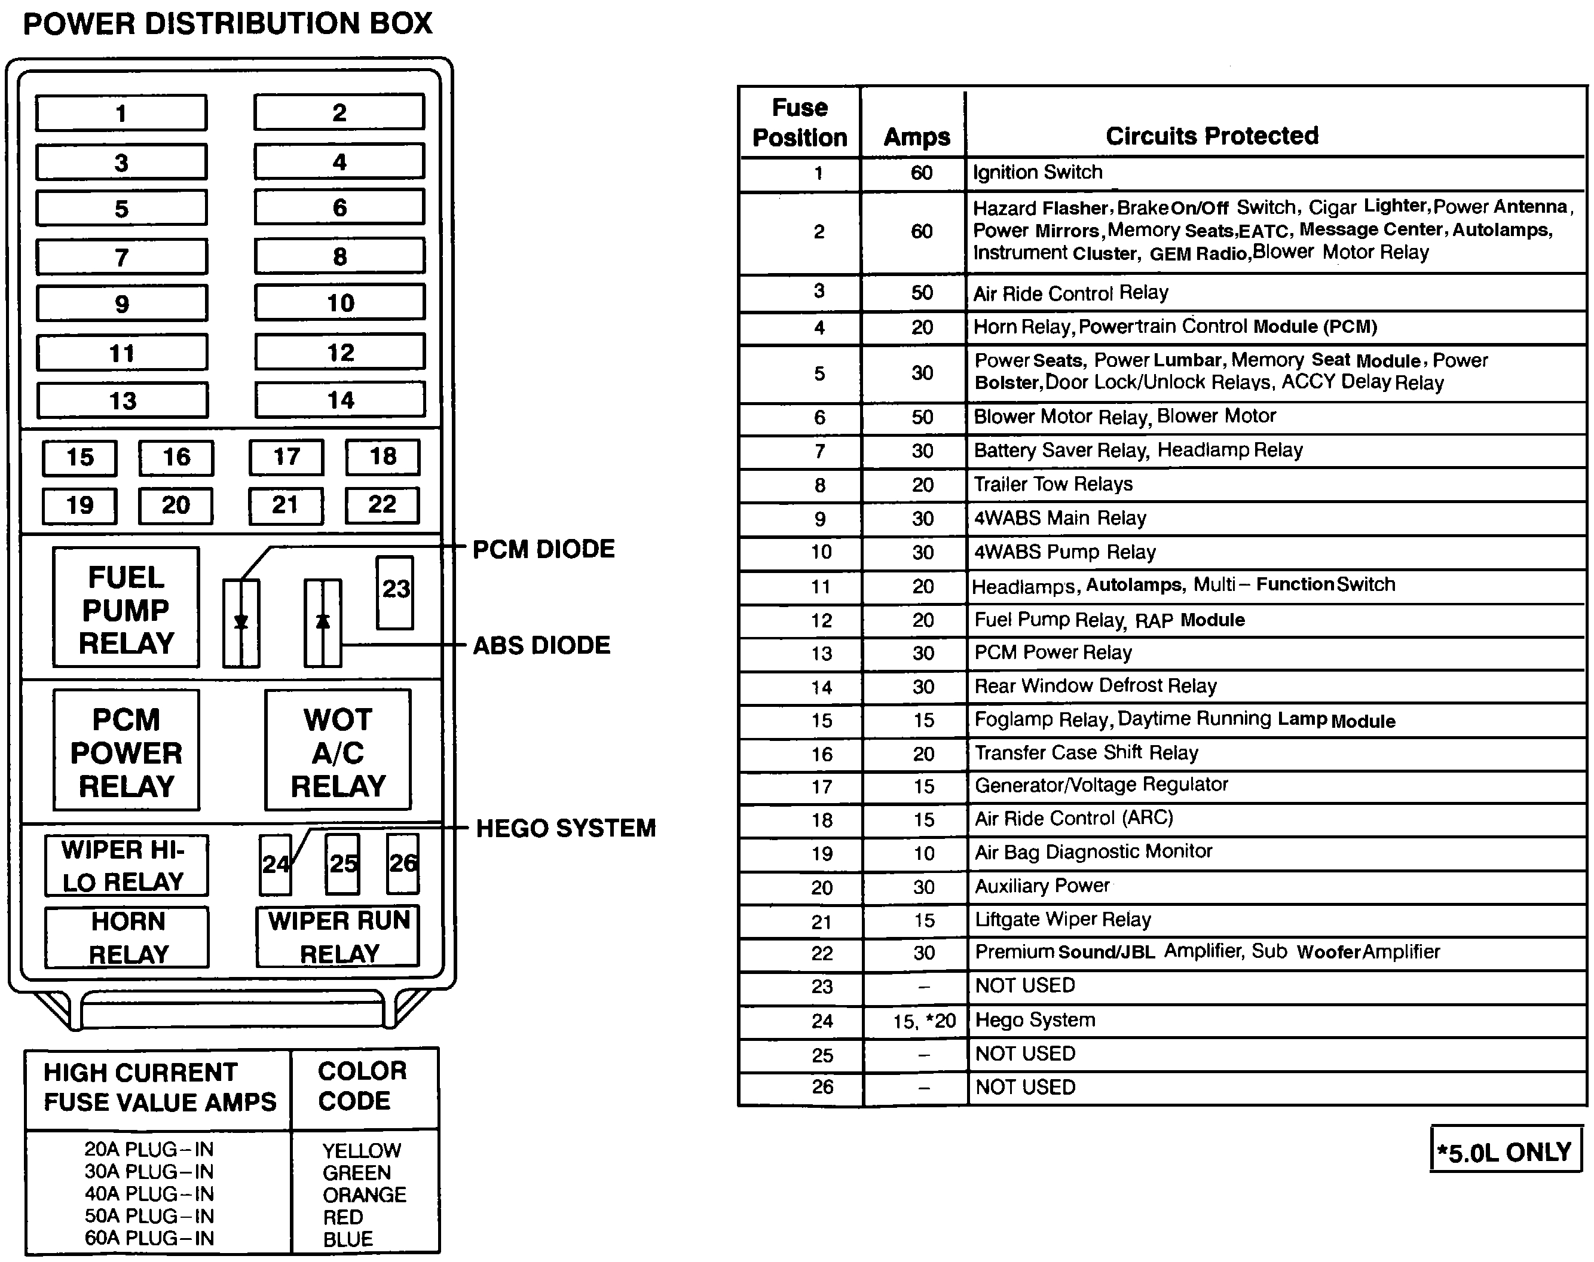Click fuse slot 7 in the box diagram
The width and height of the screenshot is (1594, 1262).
tap(122, 257)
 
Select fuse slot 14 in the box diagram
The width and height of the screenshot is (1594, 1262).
tap(340, 400)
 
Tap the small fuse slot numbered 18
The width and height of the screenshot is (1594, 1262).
tap(383, 457)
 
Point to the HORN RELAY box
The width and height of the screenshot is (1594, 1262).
tap(127, 938)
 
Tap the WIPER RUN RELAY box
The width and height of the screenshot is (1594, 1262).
tap(338, 937)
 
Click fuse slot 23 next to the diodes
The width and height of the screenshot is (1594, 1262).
tap(395, 591)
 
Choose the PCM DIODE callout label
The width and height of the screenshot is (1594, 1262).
tap(543, 550)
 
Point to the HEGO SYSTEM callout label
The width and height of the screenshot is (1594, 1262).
tap(565, 828)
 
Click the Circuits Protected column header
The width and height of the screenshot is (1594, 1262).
tap(1212, 136)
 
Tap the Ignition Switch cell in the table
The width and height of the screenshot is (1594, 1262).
tap(1038, 173)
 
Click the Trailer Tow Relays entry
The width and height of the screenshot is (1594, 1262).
tap(1053, 485)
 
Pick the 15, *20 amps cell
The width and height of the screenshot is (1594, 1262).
tap(924, 1021)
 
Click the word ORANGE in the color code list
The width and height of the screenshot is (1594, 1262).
tap(365, 1194)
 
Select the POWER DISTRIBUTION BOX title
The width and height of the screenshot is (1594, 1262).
tap(228, 24)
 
